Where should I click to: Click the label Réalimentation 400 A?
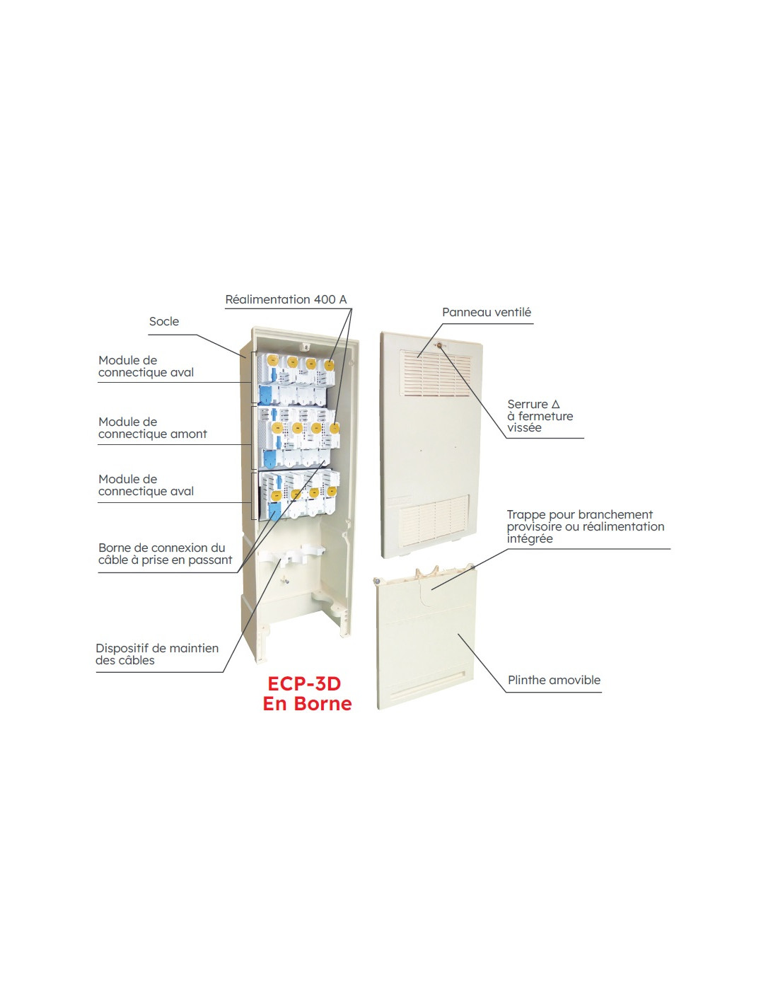coord(286,299)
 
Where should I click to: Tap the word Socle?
coord(164,321)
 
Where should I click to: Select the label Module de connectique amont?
coord(152,428)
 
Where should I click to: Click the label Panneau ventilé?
coord(487,312)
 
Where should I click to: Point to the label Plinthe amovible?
coord(554,680)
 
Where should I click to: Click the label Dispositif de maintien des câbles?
coord(157,654)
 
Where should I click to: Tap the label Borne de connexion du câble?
coord(165,554)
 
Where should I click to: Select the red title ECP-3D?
coord(304,684)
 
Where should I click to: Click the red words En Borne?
coord(308,704)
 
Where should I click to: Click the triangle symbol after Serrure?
coord(555,404)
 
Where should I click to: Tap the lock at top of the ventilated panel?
coord(437,345)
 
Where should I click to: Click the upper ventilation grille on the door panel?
coord(436,373)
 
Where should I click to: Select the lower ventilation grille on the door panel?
coord(434,519)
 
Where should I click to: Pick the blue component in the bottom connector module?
coord(275,514)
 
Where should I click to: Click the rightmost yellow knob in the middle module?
coord(334,427)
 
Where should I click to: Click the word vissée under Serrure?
coord(524,427)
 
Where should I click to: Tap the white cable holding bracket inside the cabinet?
coord(291,554)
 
